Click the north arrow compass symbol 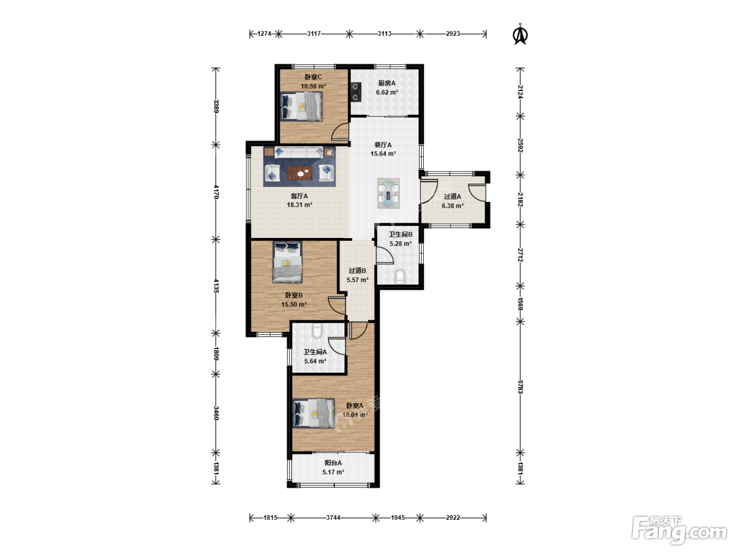click(x=520, y=34)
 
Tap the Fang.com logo click(x=679, y=529)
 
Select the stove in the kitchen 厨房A click(x=356, y=92)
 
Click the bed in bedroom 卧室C click(x=301, y=106)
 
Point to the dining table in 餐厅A click(x=389, y=193)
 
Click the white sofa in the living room click(x=299, y=152)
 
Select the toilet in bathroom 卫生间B click(x=400, y=277)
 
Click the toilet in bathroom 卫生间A click(x=317, y=330)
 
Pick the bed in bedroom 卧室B click(x=288, y=262)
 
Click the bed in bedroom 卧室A click(x=313, y=413)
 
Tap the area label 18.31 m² click(x=300, y=205)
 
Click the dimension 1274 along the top click(x=264, y=34)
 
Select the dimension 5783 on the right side click(x=520, y=387)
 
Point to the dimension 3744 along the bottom click(x=333, y=518)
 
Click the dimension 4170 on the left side click(x=216, y=192)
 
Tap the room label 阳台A click(x=333, y=463)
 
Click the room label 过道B click(x=357, y=270)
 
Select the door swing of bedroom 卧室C click(x=340, y=132)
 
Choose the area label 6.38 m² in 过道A click(x=453, y=206)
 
